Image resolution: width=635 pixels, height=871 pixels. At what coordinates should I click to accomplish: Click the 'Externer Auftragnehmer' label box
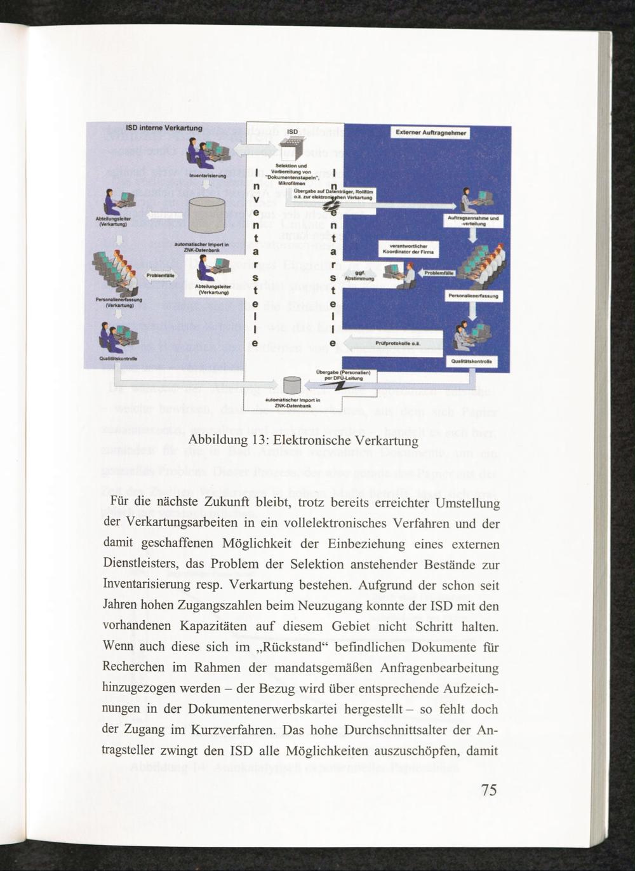[431, 133]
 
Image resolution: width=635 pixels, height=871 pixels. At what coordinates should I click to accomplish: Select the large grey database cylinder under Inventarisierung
[207, 214]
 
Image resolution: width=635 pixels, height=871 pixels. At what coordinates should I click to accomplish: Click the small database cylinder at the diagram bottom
[292, 384]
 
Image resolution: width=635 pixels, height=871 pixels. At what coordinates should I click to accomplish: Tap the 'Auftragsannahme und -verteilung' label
[476, 221]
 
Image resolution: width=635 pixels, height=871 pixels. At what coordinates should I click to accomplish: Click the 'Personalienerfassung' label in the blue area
[472, 296]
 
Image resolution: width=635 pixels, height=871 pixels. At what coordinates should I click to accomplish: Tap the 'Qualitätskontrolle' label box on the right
[472, 361]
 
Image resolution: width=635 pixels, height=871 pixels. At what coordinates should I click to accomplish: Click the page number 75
[489, 790]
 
